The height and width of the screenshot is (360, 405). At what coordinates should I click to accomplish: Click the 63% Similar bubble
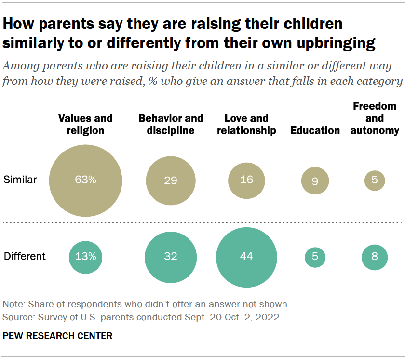85,180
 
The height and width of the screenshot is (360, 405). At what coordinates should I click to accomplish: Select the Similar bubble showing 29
171,180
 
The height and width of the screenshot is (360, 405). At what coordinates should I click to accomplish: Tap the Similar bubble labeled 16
246,180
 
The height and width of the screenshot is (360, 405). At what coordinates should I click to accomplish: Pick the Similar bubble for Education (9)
315,180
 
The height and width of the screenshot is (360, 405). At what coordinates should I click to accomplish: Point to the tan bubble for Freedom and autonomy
375,180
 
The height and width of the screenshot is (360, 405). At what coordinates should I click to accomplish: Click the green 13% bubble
85,257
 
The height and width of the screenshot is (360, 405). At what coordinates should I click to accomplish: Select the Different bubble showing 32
171,257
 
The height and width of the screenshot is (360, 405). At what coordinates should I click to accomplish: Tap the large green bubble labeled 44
246,257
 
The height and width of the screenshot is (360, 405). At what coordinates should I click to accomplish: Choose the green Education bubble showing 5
315,257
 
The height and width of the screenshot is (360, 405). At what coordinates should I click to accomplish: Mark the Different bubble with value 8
375,257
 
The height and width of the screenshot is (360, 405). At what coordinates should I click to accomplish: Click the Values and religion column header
85,125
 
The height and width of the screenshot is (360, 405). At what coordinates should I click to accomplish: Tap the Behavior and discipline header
171,125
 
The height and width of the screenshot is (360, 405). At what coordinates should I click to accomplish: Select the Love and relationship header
246,125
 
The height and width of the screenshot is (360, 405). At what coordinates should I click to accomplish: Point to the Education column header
315,130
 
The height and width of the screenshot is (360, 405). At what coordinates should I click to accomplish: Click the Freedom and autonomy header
375,118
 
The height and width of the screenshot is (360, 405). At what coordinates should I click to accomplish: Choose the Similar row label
20,180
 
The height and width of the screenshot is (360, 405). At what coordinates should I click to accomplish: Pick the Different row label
25,256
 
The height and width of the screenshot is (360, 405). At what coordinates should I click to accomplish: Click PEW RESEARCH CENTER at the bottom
57,336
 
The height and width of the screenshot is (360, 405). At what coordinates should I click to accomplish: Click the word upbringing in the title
336,43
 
